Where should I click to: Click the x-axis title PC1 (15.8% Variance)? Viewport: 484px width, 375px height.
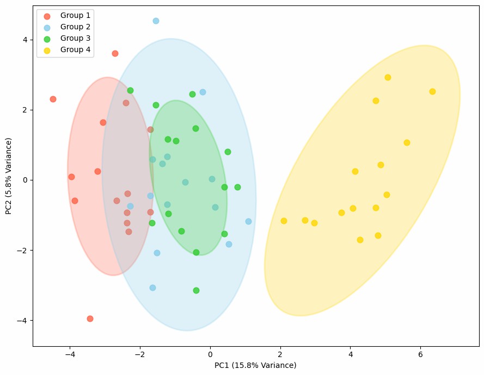[x=255, y=365]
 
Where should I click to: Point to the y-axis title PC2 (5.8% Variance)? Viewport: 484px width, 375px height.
[x=9, y=176]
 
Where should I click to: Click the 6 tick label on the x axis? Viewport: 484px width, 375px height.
[x=420, y=354]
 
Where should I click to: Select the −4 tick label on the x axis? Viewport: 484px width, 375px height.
[x=70, y=354]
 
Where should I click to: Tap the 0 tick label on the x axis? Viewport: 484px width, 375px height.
[x=210, y=354]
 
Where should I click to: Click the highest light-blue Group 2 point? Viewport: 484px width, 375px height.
[x=156, y=21]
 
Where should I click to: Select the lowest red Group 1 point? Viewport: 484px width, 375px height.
[x=90, y=318]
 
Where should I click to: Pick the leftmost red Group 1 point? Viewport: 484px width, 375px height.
[x=53, y=99]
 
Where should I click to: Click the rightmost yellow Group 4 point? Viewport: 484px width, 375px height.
[x=432, y=91]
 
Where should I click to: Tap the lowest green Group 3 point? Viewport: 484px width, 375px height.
[x=196, y=290]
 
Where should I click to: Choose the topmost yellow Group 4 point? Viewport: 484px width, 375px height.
[x=388, y=77]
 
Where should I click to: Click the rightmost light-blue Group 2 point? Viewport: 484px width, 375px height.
[x=248, y=221]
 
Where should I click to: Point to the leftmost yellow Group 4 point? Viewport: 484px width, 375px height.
[x=284, y=221]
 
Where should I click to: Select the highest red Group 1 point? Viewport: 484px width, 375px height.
[x=115, y=53]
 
